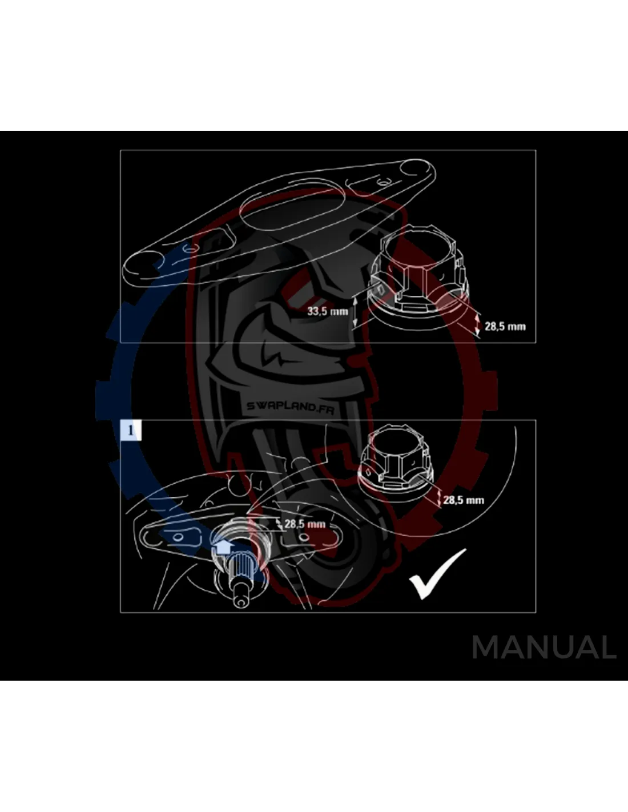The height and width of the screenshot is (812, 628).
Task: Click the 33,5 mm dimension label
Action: click(x=327, y=311)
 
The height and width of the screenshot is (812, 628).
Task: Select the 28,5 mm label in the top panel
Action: click(x=505, y=326)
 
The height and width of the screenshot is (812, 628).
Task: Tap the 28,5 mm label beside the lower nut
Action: click(x=464, y=500)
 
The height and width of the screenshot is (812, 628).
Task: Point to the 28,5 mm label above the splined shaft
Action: click(x=305, y=524)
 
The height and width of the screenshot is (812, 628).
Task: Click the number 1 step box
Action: click(x=131, y=431)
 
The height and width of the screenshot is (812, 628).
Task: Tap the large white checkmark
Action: click(x=438, y=574)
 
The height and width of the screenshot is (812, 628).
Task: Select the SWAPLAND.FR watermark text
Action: click(x=290, y=407)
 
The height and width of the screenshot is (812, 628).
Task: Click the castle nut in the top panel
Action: click(x=418, y=277)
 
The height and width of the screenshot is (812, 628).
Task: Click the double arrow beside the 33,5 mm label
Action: click(x=355, y=312)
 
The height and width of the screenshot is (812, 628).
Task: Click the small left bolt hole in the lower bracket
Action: click(x=178, y=537)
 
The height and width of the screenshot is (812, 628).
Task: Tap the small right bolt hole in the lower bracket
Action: click(x=305, y=537)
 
